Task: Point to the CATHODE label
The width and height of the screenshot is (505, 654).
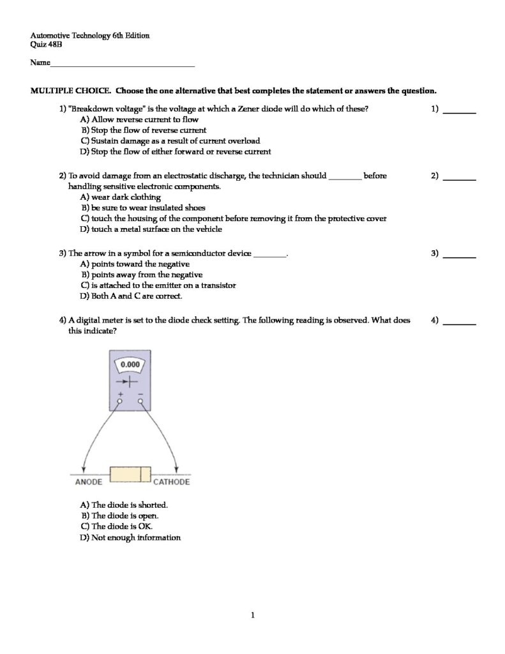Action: pyautogui.click(x=171, y=482)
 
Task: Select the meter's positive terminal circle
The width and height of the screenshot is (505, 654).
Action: pyautogui.click(x=119, y=402)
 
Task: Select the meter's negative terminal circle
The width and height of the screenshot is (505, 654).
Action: pyautogui.click(x=140, y=402)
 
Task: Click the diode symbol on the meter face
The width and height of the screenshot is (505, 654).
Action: pyautogui.click(x=130, y=382)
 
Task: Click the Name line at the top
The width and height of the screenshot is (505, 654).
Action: pyautogui.click(x=121, y=65)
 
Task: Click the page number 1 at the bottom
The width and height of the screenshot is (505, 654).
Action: pyautogui.click(x=253, y=616)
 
